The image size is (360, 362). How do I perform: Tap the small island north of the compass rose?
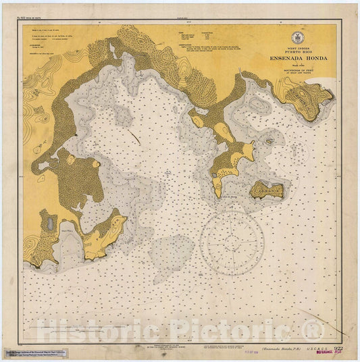click(267, 190)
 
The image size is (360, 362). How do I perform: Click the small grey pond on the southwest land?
click(51, 224)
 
